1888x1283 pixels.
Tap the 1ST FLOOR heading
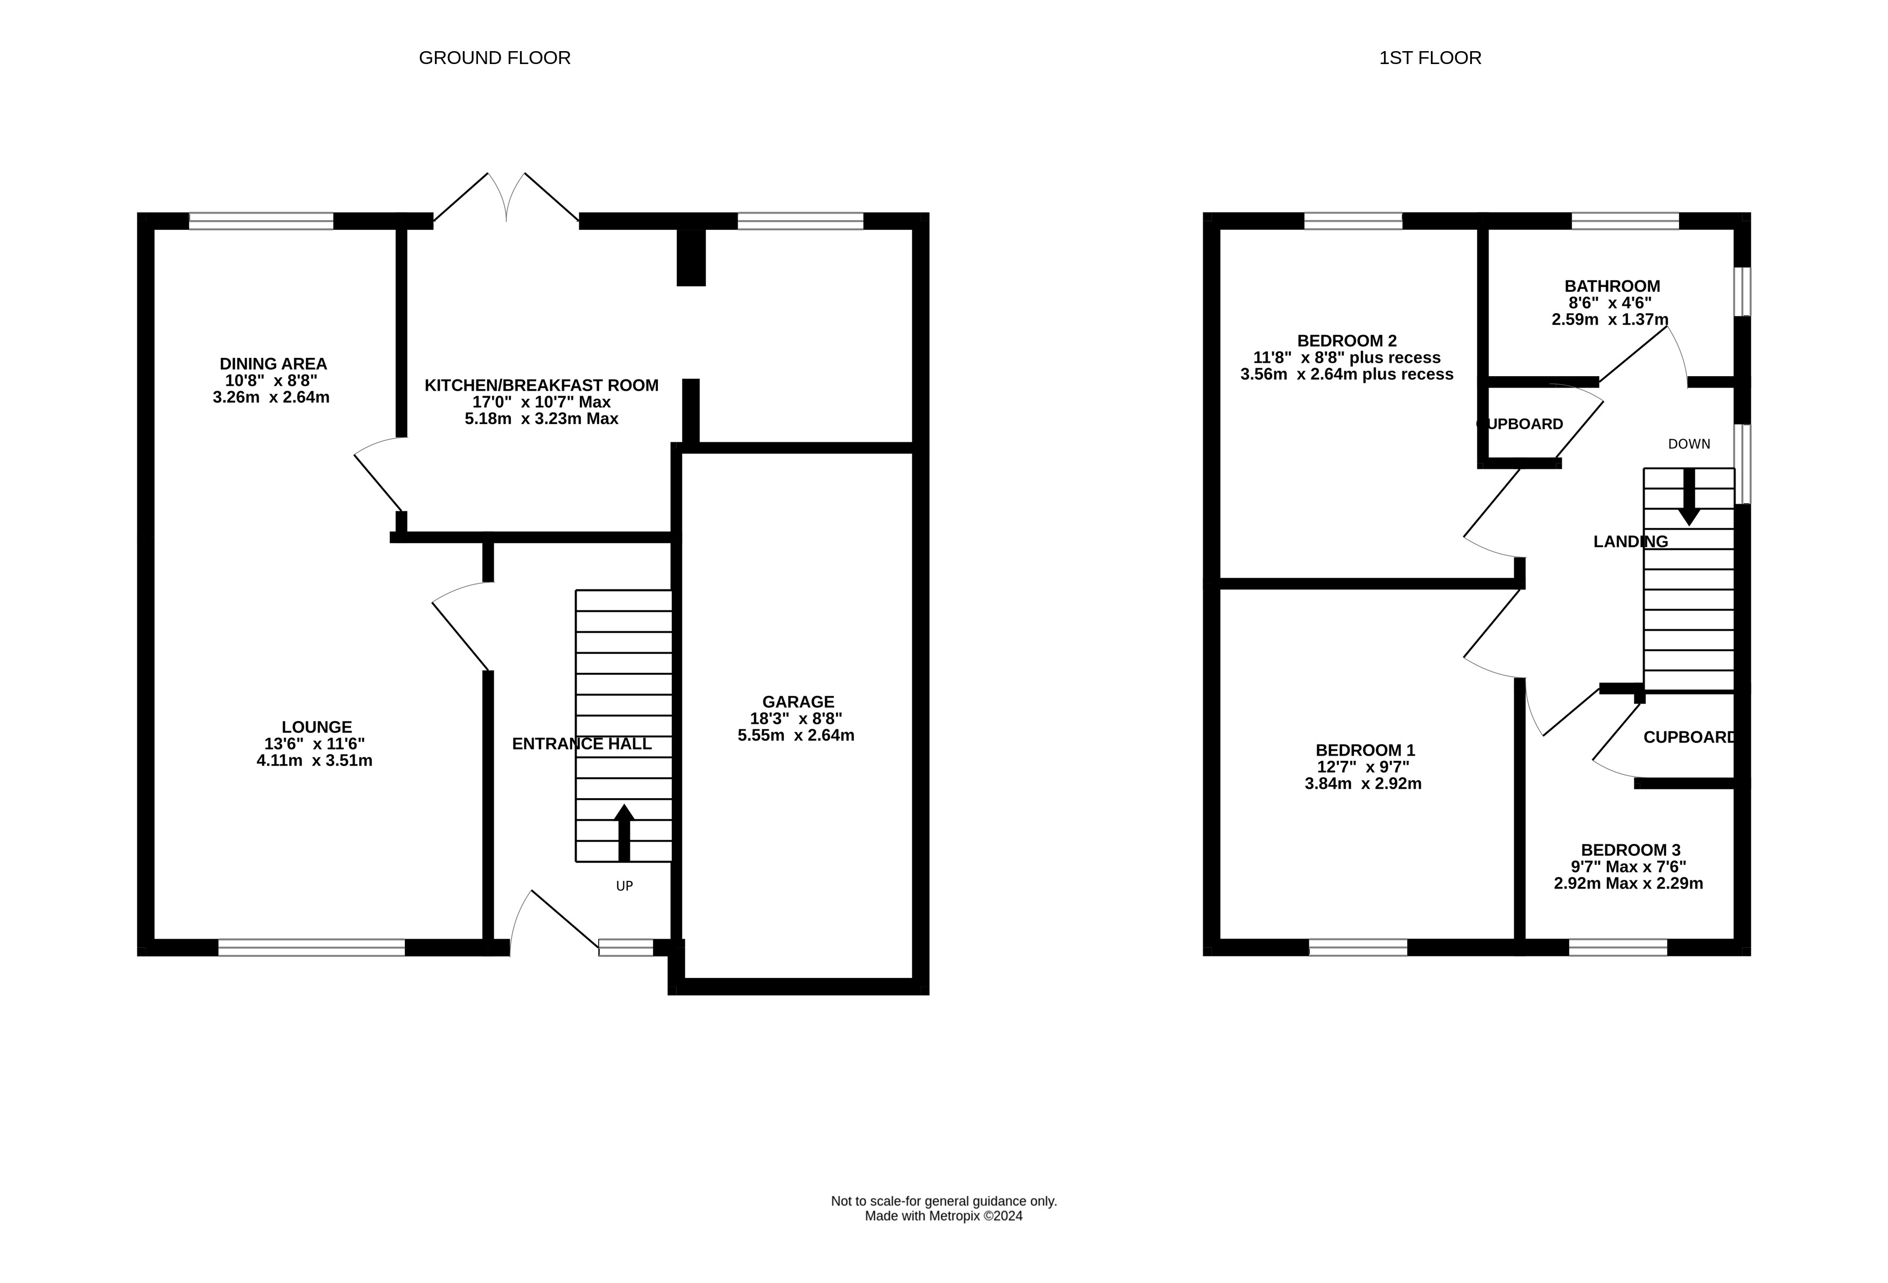tap(1430, 58)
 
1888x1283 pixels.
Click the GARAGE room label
tap(798, 702)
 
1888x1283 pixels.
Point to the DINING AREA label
tap(273, 364)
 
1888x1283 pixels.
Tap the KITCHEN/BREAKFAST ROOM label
tap(541, 385)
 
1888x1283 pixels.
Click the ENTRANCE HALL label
tap(581, 744)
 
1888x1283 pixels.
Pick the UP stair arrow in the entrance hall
tap(624, 833)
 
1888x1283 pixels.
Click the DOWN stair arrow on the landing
tap(1689, 497)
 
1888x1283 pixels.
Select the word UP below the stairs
tap(624, 886)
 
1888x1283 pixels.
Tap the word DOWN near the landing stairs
tap(1689, 444)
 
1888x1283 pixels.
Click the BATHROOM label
tap(1612, 286)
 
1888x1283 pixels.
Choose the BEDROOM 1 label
tap(1365, 750)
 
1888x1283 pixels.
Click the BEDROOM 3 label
tap(1631, 849)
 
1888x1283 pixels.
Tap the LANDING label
tap(1631, 541)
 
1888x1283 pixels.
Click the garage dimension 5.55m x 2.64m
tap(796, 736)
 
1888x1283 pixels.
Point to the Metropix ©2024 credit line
tap(943, 1216)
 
